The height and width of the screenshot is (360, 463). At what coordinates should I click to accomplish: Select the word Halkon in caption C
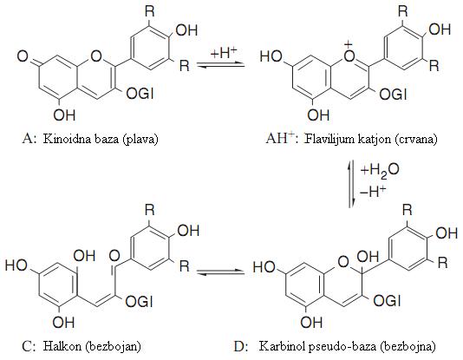(62, 345)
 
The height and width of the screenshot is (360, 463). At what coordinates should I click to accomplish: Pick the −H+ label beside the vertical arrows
(373, 192)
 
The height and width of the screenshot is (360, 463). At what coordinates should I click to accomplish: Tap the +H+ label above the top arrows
(224, 53)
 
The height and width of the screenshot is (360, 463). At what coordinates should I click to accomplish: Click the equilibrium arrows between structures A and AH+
(221, 65)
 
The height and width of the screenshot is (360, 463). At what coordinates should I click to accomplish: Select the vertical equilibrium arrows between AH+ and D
(351, 184)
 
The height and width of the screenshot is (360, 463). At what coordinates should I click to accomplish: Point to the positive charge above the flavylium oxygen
(349, 44)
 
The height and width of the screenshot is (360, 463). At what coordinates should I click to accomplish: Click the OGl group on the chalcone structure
(139, 302)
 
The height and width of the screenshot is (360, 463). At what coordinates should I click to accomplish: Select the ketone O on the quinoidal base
(23, 56)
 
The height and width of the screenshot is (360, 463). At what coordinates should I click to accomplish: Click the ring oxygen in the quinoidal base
(96, 56)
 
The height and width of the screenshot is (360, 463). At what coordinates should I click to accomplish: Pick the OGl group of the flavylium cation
(393, 95)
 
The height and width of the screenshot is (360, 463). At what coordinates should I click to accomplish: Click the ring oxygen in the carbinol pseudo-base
(343, 262)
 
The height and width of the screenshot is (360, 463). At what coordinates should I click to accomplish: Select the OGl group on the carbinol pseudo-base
(387, 301)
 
